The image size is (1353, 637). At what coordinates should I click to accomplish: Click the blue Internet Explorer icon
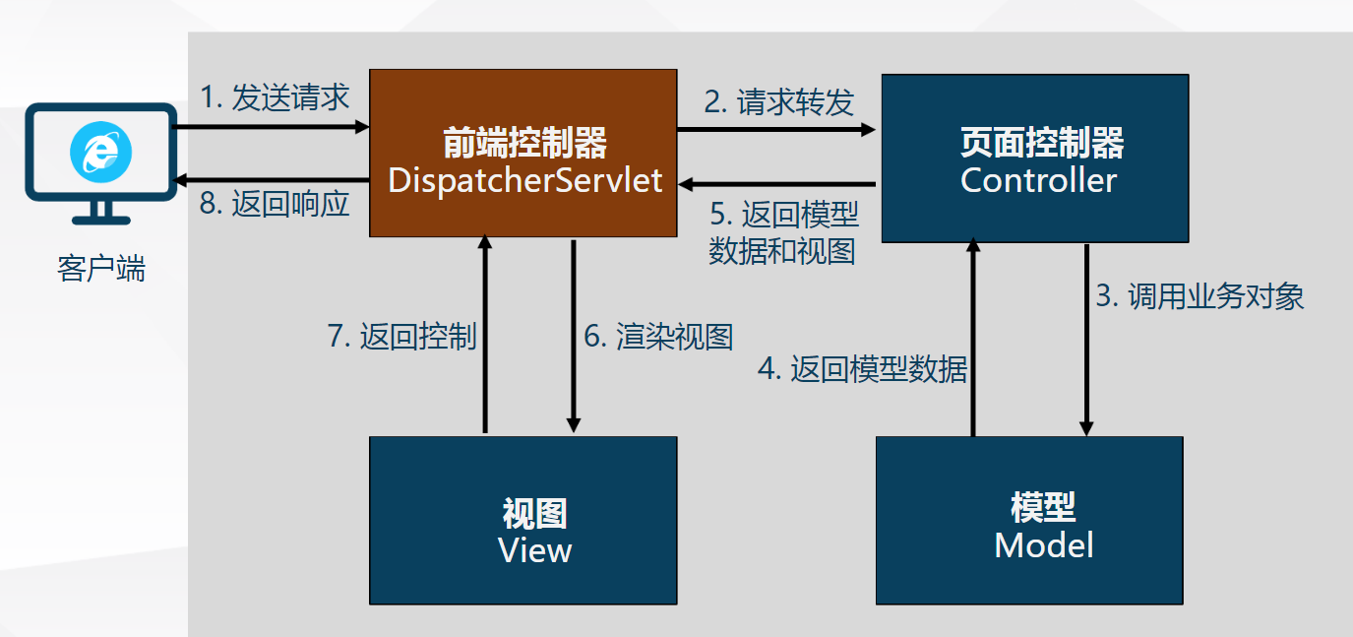point(101,153)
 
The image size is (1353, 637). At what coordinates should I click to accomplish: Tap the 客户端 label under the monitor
point(101,269)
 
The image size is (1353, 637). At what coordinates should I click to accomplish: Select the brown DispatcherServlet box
point(523,153)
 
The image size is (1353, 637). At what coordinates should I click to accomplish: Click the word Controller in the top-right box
point(1038,180)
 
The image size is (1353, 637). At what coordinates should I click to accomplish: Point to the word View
point(534,550)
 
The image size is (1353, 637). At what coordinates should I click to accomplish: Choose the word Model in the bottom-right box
point(1044,545)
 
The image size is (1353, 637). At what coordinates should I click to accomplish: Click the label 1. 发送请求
point(275,97)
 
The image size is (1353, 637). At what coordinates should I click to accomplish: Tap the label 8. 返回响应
point(275,204)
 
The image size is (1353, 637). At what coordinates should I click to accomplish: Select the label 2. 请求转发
point(779,101)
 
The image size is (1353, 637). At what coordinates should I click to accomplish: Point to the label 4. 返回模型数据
point(863,368)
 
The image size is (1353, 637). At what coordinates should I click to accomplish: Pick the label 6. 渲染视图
point(658,336)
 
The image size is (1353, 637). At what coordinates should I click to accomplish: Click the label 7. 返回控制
point(402,336)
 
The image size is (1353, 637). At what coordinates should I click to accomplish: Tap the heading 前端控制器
point(524,143)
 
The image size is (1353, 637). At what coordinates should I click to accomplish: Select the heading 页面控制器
point(1042,143)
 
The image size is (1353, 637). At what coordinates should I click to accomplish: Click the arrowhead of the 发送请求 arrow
point(362,127)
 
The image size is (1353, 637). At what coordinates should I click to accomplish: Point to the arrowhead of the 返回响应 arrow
point(179,180)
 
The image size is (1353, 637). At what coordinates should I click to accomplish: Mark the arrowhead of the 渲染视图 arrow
point(574,425)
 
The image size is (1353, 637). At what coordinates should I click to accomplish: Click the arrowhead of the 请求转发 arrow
point(869,129)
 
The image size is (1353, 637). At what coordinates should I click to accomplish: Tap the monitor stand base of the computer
point(101,221)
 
